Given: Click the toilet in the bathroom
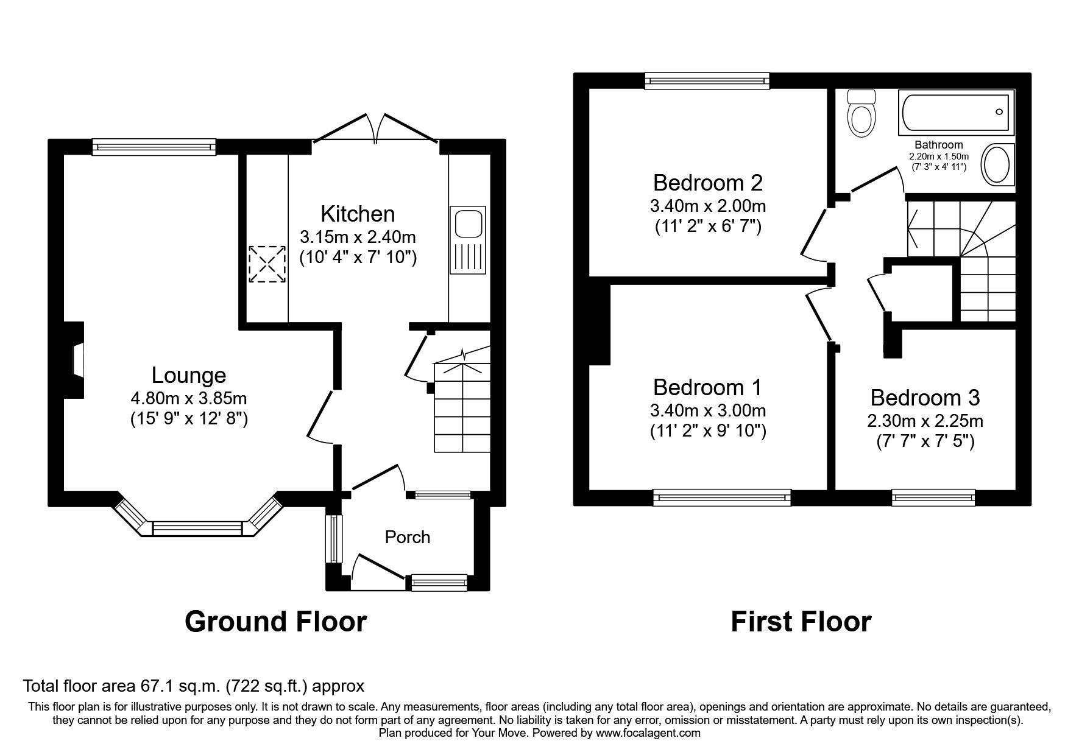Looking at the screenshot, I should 861,114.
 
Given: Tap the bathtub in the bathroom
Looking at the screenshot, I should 957,113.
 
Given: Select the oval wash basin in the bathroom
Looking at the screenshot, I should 997,164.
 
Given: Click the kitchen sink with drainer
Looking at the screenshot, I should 467,239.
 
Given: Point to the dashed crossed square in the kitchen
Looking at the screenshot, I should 267,264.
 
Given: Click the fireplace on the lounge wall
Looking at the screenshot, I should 76,360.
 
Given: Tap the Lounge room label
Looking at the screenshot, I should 189,375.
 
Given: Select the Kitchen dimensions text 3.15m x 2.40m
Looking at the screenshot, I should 358,236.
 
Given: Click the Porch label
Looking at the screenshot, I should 407,537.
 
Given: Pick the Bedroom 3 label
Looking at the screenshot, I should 925,398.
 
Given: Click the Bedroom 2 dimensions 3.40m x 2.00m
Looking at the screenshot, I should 707,205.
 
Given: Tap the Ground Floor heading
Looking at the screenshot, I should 275,622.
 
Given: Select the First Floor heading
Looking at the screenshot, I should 801,622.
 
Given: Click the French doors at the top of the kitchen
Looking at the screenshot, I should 375,129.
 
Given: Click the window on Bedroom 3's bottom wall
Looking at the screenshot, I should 933,497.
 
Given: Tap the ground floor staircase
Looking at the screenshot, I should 462,408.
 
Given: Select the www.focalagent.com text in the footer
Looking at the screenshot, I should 648,733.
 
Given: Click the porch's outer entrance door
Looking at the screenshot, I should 378,567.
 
